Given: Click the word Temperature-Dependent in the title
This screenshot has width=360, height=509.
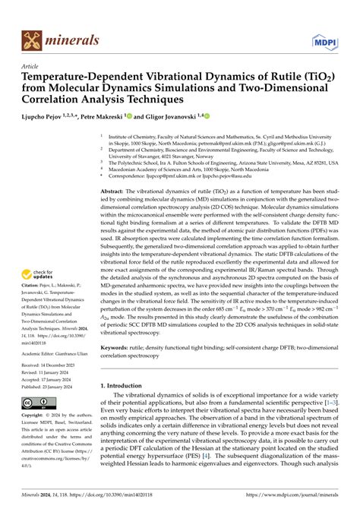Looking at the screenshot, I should pyautogui.click(x=83, y=77).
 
